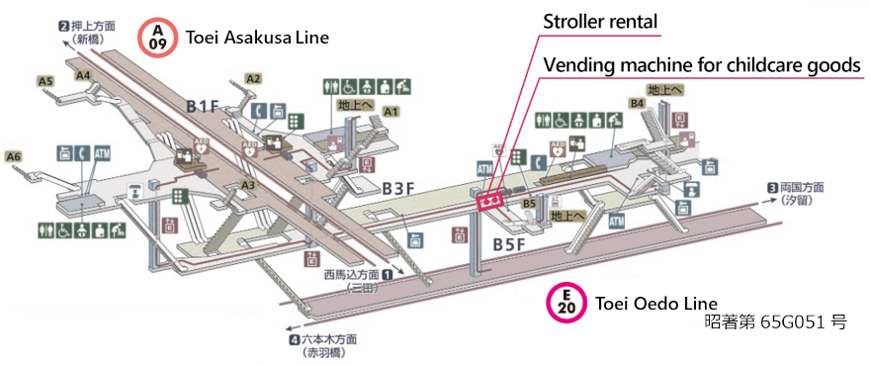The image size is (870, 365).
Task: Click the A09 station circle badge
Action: point(157,37)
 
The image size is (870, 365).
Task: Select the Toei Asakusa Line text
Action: point(257,38)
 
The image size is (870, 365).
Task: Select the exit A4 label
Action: point(84,75)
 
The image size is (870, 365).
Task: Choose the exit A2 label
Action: point(253,78)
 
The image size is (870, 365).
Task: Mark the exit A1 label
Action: point(391,111)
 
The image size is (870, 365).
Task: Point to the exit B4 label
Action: point(638,103)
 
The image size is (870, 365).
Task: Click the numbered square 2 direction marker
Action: point(63,26)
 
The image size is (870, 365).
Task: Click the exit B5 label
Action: point(530,205)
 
